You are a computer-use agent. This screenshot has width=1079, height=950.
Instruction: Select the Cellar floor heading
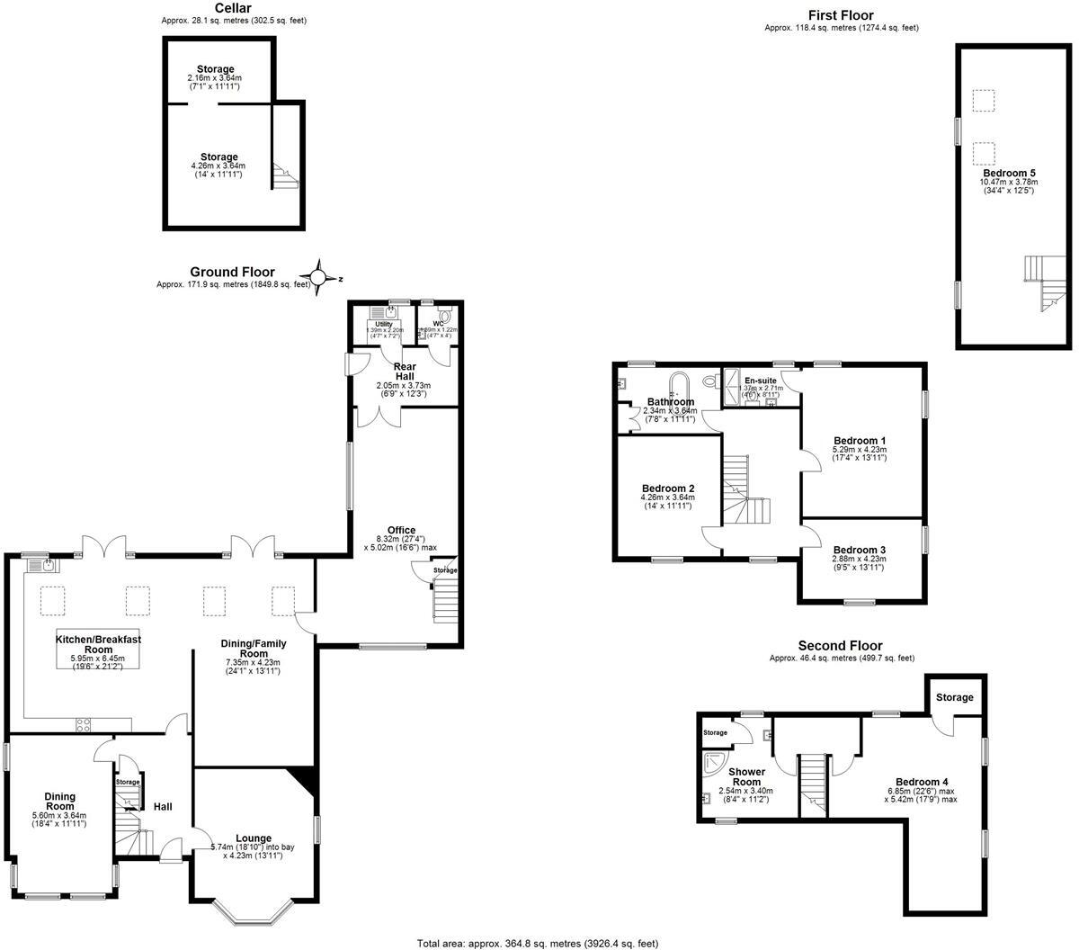pos(233,8)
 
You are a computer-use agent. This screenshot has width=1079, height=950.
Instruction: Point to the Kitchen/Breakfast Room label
pos(99,644)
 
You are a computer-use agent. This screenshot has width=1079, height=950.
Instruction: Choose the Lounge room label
pos(254,838)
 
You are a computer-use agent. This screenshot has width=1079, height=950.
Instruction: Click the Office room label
pos(401,531)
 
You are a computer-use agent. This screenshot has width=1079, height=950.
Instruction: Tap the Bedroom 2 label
pos(667,488)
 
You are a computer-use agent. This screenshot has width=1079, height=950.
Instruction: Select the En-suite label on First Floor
pos(760,381)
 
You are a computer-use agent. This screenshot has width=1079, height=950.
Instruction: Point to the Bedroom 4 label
pos(922,782)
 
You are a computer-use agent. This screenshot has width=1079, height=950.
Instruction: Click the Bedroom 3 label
pos(859,550)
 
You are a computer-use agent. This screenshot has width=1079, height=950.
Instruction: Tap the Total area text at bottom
pos(538,943)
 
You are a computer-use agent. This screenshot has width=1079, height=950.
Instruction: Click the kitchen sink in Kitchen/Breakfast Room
pos(42,565)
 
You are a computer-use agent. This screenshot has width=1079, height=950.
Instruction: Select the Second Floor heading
pos(840,646)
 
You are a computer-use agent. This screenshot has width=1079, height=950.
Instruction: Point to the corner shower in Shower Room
pos(717,764)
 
